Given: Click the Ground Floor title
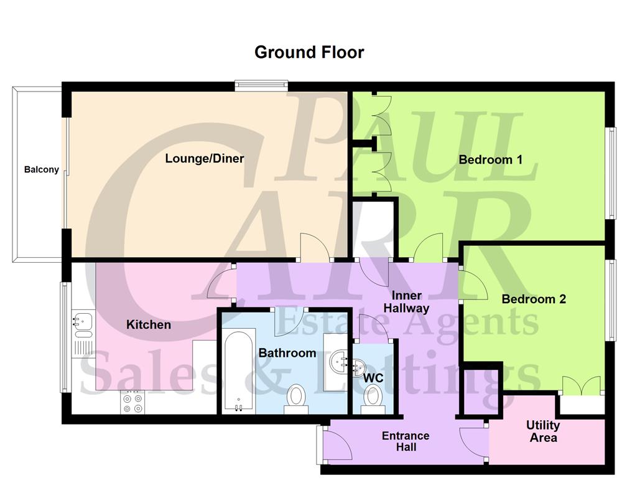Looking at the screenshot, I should coord(309,52).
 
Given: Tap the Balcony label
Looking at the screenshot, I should coord(42,169).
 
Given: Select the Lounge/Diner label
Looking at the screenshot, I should coord(204,158).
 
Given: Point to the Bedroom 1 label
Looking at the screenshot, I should coord(490,159).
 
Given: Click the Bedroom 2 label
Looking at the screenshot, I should coord(534,299).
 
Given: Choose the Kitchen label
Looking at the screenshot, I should coord(149,324).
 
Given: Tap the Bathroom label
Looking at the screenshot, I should coord(287,353).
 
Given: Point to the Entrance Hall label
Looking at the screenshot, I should coord(406,441).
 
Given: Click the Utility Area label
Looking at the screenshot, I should coord(543,431).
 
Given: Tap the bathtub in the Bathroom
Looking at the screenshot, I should coord(238,372).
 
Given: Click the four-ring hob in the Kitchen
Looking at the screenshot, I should coord(132,402).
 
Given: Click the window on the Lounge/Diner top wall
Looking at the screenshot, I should coord(261,86).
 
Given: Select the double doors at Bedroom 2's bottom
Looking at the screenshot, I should coord(581,386).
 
